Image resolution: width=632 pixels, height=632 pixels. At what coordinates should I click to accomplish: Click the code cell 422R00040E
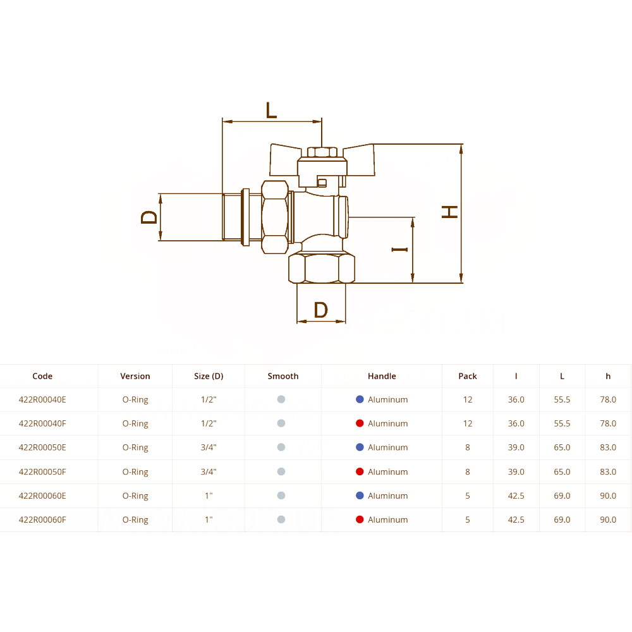pyautogui.click(x=42, y=399)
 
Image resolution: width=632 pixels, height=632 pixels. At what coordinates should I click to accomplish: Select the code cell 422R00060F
pyautogui.click(x=42, y=520)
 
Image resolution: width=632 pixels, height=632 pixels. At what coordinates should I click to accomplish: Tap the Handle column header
pyautogui.click(x=382, y=376)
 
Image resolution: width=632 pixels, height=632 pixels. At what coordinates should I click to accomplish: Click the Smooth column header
pyautogui.click(x=283, y=376)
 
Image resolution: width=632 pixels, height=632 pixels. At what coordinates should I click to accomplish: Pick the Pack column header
pyautogui.click(x=468, y=376)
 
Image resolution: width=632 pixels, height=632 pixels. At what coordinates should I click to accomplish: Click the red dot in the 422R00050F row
pyautogui.click(x=360, y=471)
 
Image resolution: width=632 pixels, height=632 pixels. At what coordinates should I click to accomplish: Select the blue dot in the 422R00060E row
pyautogui.click(x=360, y=495)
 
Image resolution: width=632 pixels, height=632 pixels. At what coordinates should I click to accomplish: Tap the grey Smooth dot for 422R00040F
pyautogui.click(x=281, y=423)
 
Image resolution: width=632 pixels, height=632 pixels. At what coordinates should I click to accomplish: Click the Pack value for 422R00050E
pyautogui.click(x=468, y=447)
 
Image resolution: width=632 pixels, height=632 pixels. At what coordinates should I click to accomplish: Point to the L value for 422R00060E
pyautogui.click(x=562, y=495)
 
